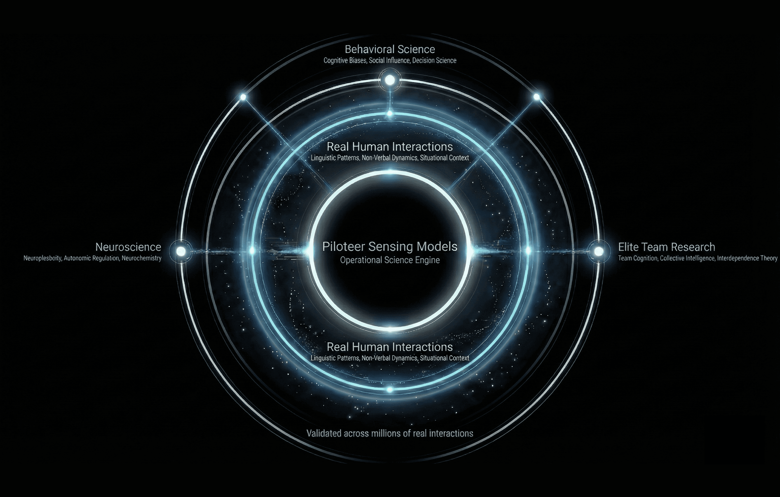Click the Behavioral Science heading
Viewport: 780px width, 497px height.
390,49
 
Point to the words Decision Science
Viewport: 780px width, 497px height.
434,60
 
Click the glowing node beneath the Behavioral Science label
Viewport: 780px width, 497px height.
390,80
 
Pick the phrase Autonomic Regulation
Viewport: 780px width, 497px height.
92,258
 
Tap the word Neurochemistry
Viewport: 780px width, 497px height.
142,258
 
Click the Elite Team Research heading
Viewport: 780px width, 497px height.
666,247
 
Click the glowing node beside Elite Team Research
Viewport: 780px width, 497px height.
599,251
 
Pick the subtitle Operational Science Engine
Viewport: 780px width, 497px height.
390,260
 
